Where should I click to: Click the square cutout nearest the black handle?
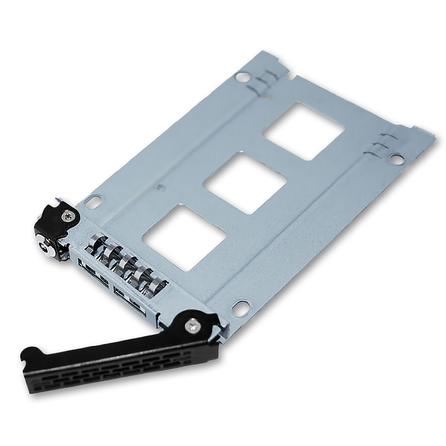[x=184, y=238]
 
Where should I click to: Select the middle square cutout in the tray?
[x=245, y=184]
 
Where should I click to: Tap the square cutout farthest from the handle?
[x=303, y=131]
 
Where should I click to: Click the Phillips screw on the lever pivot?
[x=193, y=326]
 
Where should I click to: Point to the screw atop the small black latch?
[x=67, y=216]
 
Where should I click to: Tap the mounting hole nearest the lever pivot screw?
[x=240, y=308]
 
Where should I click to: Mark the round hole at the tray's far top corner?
[x=242, y=77]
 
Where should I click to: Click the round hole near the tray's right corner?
[x=397, y=159]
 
